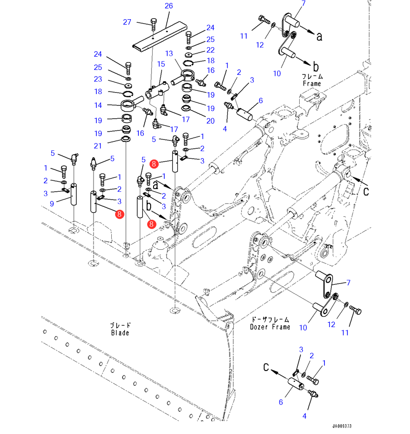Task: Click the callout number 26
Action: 169,6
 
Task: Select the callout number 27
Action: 127,22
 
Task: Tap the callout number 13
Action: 169,53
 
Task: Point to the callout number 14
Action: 99,105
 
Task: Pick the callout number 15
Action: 160,64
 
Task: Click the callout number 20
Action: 211,120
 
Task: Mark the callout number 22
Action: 210,50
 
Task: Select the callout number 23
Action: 98,79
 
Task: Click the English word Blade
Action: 120,333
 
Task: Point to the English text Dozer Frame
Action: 270,327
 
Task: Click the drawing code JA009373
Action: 342,426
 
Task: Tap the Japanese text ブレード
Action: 120,325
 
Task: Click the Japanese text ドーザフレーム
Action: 270,319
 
